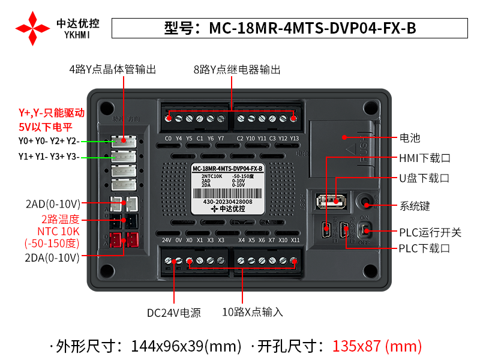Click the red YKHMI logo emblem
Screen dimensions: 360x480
[32, 28]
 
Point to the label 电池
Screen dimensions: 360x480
[410, 138]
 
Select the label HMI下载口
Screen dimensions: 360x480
[424, 158]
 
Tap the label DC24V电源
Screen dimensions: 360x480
[173, 313]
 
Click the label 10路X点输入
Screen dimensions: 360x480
[252, 312]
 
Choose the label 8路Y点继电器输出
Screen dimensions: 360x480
[237, 70]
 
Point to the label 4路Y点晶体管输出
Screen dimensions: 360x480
[112, 70]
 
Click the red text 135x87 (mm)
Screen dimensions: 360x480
[377, 346]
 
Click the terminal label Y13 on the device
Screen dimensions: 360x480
[294, 138]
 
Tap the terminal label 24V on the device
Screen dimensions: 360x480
[167, 240]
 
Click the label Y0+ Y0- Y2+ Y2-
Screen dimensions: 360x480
[49, 141]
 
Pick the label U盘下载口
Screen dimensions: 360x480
[424, 178]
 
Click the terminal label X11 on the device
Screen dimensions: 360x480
[295, 240]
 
